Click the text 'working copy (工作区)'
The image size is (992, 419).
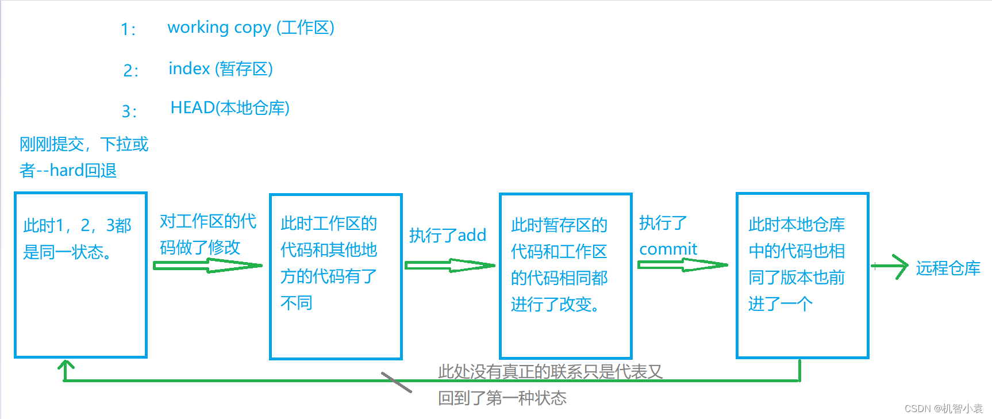(251, 28)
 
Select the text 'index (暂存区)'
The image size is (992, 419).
(221, 69)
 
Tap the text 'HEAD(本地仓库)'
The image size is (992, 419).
(230, 108)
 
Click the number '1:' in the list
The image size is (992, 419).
(128, 29)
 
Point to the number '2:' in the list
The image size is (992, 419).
(130, 71)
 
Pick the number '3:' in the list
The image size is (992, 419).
(129, 111)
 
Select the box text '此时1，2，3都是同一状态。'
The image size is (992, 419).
(77, 239)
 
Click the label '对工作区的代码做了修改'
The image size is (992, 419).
(207, 234)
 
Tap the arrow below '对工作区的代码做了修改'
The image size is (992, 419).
(207, 266)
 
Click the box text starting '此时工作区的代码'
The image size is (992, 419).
(328, 263)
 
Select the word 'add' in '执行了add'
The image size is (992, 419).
(472, 235)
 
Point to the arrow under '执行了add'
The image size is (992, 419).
(449, 266)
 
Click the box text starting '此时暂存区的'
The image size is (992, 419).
(559, 264)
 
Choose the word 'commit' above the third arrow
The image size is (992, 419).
(668, 249)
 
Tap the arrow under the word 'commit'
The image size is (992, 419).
(682, 265)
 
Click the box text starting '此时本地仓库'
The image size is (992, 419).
(796, 264)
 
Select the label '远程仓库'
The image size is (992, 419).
(948, 268)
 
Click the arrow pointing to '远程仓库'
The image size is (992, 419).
(890, 266)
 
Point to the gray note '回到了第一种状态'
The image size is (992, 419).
(502, 398)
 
